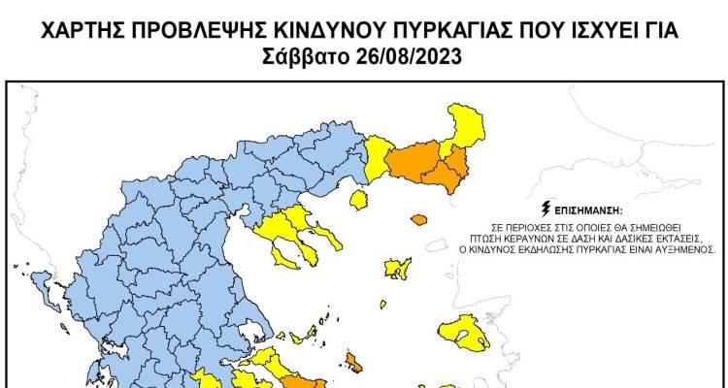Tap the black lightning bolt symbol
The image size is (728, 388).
tap(546, 208)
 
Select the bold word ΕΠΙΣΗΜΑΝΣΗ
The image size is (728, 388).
tap(584, 209)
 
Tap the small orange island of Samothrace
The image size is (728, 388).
tap(419, 219)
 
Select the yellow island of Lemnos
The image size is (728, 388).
tap(398, 268)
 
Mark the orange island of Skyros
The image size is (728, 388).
tap(355, 367)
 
